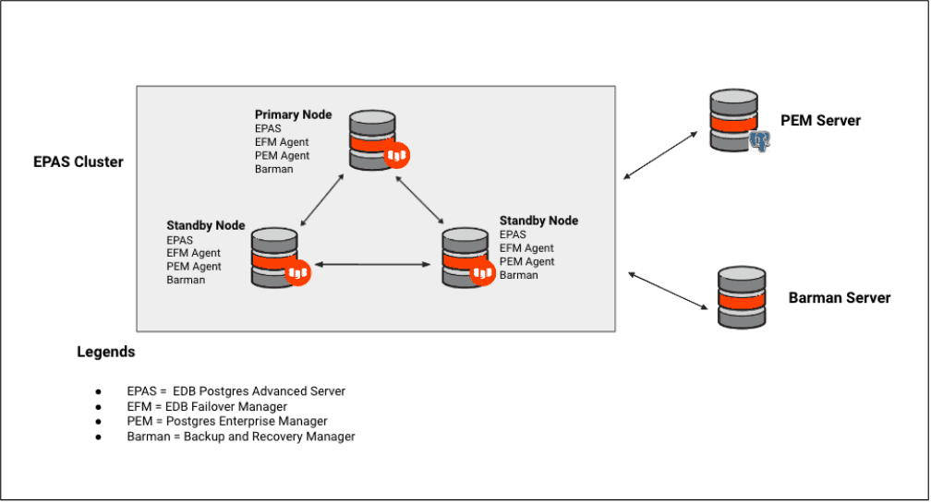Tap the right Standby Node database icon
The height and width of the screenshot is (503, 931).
(x=465, y=254)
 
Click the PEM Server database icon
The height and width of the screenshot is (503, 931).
(x=734, y=120)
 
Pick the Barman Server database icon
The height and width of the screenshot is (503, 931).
(x=742, y=296)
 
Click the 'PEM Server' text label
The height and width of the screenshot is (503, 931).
(x=820, y=121)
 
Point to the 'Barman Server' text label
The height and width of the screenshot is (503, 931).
(x=839, y=297)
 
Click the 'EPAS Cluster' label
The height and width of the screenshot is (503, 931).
(x=79, y=162)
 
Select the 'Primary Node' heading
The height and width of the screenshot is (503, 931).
(x=293, y=114)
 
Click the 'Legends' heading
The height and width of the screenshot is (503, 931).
(x=105, y=352)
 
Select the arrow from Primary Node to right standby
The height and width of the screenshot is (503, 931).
(x=420, y=199)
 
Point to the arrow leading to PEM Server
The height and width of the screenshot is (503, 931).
(x=661, y=154)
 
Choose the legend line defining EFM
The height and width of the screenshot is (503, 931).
(x=207, y=406)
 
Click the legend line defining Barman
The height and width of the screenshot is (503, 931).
(x=241, y=437)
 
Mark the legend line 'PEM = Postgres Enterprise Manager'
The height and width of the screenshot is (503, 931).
(x=227, y=421)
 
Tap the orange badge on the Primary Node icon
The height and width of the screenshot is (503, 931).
(x=397, y=156)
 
